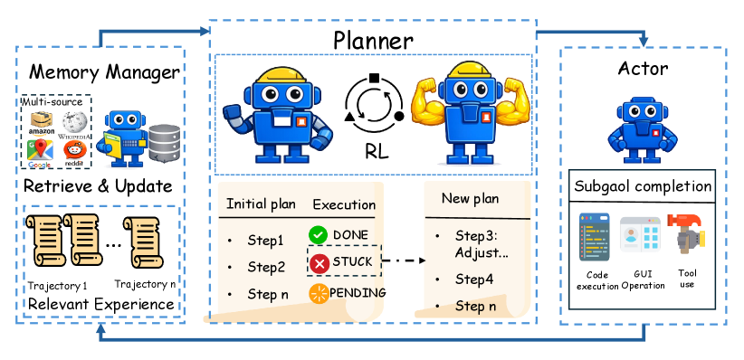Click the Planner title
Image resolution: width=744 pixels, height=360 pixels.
pyautogui.click(x=373, y=41)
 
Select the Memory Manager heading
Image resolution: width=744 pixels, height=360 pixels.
pyautogui.click(x=104, y=72)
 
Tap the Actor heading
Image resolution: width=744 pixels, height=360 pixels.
pyautogui.click(x=643, y=69)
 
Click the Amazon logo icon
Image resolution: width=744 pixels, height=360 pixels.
pyautogui.click(x=42, y=123)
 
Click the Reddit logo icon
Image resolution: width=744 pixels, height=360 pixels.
pyautogui.click(x=75, y=153)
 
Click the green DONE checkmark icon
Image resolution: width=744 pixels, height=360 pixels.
pyautogui.click(x=319, y=235)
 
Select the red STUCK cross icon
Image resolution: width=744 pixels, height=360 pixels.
pyautogui.click(x=320, y=263)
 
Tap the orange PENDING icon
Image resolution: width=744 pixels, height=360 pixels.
pyautogui.click(x=319, y=294)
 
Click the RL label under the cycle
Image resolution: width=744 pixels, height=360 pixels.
pyautogui.click(x=377, y=152)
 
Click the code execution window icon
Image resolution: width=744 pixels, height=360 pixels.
pyautogui.click(x=594, y=236)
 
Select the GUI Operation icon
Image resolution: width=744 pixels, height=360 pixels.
pyautogui.click(x=641, y=235)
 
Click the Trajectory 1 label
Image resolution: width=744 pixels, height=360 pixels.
pyautogui.click(x=57, y=286)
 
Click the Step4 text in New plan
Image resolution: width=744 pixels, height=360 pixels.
pyautogui.click(x=474, y=279)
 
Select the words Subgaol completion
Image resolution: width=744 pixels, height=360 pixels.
pyautogui.click(x=643, y=186)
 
